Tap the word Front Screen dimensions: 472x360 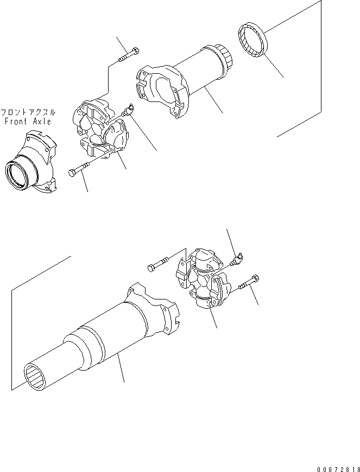tap(16, 122)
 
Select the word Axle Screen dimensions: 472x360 tap(41, 122)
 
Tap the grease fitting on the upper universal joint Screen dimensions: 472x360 tap(129, 112)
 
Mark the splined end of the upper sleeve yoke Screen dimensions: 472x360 tap(224, 56)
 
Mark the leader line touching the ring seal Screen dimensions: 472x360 tap(274, 66)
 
